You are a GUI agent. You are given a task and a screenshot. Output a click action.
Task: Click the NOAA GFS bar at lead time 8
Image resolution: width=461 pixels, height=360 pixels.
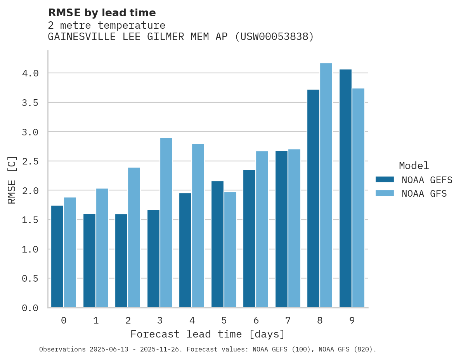coord(326,185)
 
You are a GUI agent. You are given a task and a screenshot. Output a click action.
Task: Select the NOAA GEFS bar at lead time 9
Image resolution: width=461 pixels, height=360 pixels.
coord(345,189)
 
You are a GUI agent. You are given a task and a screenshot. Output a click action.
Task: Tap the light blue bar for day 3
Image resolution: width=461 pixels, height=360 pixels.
coord(166,223)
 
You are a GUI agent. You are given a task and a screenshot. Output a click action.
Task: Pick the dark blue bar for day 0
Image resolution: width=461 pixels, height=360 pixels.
coord(57,256)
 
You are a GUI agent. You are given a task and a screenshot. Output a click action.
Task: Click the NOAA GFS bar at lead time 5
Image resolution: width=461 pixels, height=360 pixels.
coord(230,250)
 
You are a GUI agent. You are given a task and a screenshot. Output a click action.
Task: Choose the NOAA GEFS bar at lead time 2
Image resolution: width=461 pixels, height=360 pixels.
coord(121,261)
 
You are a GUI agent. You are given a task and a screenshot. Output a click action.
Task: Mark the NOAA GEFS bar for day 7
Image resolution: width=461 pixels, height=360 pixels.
coord(281,229)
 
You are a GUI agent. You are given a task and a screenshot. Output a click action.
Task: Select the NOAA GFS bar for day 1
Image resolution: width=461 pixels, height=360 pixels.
coord(102,248)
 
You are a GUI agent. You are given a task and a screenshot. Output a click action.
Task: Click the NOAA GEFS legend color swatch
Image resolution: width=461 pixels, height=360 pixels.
coord(385,180)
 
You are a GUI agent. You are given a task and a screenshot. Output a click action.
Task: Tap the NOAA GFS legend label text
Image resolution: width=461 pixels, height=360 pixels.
coord(424,194)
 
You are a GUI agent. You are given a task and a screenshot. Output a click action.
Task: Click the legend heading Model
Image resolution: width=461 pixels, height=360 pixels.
coord(414,166)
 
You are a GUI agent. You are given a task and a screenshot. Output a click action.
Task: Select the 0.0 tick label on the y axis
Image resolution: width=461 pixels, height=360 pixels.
coord(30,308)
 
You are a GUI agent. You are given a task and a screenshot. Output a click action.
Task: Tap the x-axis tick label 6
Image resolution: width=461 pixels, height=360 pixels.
coord(256,320)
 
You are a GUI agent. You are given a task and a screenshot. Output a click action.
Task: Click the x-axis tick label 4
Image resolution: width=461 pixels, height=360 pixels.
coord(192,320)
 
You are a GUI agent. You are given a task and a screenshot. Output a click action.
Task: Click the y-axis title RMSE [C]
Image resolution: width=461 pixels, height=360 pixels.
coord(12,180)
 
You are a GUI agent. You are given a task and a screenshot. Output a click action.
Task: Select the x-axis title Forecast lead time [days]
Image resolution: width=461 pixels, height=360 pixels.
coord(208,334)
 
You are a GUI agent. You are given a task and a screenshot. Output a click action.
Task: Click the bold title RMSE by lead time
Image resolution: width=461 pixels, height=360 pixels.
coord(102,13)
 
